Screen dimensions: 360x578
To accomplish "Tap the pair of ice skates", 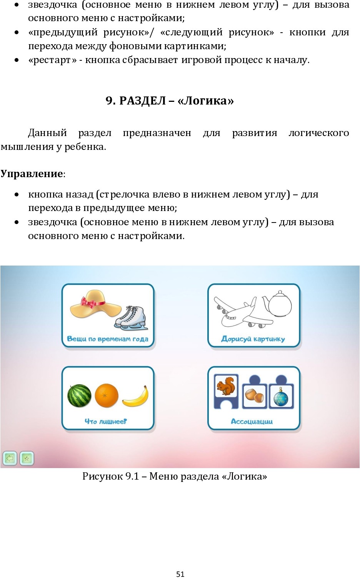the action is [131, 318].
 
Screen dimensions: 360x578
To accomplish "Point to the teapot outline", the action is [277, 304].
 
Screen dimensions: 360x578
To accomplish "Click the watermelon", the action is [79, 395].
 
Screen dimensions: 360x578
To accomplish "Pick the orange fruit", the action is [107, 395].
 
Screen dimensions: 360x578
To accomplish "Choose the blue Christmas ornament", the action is [281, 396].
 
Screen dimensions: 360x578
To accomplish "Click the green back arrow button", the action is [10, 458].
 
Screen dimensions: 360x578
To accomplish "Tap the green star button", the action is [27, 458].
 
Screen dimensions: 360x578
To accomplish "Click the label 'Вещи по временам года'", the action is [108, 339].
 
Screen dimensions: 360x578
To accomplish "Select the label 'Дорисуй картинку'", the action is [253, 339].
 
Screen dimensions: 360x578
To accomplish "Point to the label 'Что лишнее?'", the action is [106, 421].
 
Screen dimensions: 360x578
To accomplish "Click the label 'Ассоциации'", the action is [252, 421].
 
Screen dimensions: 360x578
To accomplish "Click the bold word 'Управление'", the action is [31, 174].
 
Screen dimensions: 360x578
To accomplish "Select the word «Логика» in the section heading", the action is [205, 101].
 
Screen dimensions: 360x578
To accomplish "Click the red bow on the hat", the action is [93, 301].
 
